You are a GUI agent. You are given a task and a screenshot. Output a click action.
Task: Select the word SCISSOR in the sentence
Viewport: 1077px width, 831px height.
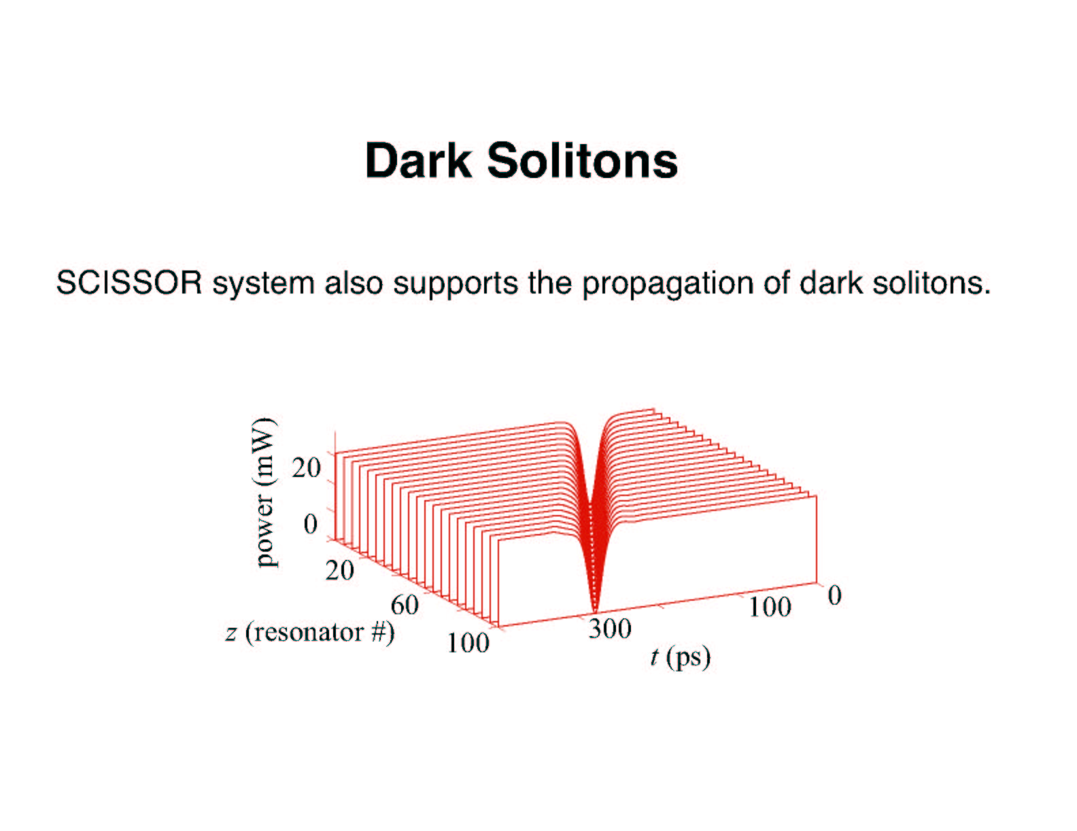(129, 283)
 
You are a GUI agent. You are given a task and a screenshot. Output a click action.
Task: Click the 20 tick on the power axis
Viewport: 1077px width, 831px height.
(306, 467)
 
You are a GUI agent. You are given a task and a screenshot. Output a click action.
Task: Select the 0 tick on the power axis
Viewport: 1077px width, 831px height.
(310, 524)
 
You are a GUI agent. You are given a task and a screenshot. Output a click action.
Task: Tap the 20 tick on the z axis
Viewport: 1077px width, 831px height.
(339, 570)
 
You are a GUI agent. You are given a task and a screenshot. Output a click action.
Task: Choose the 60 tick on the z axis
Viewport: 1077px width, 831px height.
(405, 605)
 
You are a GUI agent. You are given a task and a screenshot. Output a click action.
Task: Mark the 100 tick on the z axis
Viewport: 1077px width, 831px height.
(468, 643)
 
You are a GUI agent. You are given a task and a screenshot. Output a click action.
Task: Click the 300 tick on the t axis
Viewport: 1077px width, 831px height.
(610, 629)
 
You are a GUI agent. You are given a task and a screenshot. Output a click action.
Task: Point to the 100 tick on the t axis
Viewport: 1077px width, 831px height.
(770, 607)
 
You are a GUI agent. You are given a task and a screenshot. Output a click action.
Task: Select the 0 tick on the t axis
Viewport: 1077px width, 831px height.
(835, 595)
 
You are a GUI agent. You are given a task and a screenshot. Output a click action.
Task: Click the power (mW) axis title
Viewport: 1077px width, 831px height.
(266, 492)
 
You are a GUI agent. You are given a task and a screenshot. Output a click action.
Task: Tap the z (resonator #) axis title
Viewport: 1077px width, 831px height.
(310, 633)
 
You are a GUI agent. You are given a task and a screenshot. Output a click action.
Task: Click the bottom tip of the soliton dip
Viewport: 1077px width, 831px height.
(595, 614)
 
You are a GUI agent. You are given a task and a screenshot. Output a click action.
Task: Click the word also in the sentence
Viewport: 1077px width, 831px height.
(354, 283)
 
